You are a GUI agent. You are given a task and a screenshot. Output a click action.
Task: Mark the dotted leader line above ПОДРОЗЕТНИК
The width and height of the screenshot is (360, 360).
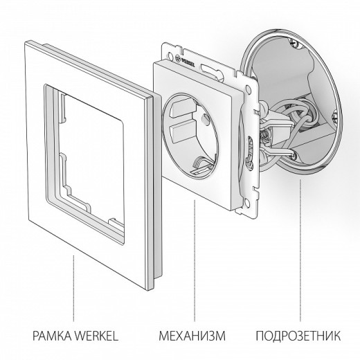pos(300,242)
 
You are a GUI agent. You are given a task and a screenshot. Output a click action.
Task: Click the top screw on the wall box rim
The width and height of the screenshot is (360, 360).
pos(273,46)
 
